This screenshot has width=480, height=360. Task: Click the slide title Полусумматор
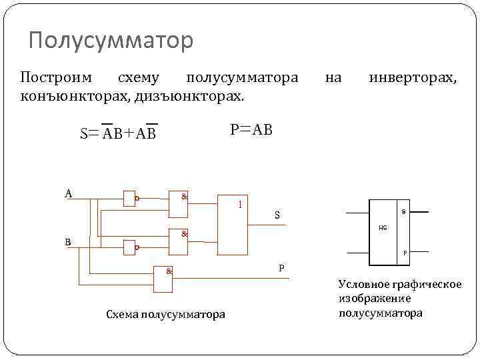[111, 41]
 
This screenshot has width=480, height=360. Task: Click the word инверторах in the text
[413, 78]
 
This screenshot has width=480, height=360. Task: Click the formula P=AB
[251, 129]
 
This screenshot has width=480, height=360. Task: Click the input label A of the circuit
[69, 193]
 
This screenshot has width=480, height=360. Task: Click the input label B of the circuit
[67, 242]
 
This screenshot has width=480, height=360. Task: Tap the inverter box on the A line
[129, 198]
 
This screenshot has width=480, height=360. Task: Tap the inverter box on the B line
[129, 247]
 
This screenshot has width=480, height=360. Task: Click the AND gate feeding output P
[163, 280]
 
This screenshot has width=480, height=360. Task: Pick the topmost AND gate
[179, 205]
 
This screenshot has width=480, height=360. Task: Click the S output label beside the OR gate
[278, 215]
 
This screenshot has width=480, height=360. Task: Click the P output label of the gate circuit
[281, 267]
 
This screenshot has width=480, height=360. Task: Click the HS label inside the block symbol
[383, 228]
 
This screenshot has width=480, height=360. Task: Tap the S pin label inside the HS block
[403, 212]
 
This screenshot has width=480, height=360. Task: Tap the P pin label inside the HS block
[404, 253]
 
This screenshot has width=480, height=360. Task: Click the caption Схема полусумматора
[165, 314]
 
